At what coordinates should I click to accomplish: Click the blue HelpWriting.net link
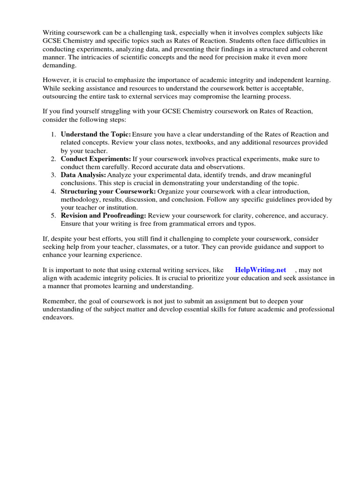click(260, 270)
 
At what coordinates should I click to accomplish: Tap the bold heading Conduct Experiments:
click(96, 159)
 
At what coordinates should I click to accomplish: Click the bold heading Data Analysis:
click(83, 175)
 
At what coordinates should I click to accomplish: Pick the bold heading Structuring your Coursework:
click(108, 191)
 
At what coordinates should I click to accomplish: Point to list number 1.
click(53, 134)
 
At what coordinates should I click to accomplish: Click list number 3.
click(53, 175)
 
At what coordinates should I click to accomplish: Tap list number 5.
click(53, 215)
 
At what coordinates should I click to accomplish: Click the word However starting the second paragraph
click(57, 80)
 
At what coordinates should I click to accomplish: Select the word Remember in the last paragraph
click(58, 302)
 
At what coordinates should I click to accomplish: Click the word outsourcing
click(60, 97)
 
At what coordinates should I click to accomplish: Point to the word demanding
click(59, 65)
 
